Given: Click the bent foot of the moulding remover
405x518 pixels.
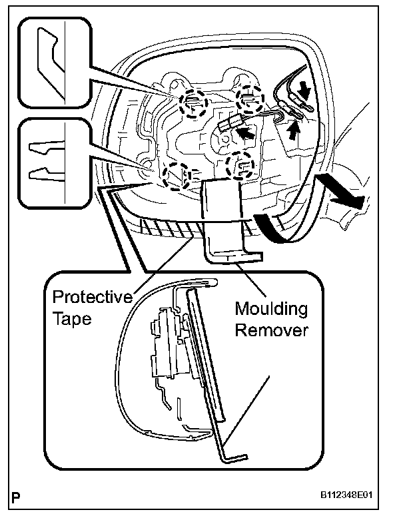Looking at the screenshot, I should tap(233, 256).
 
